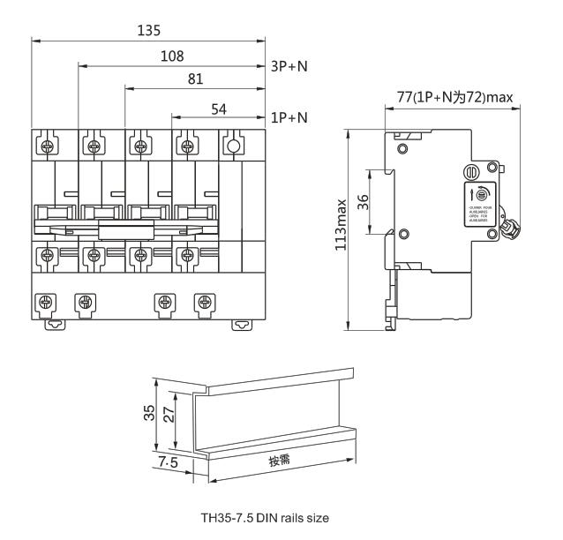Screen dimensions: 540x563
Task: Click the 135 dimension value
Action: pos(149,31)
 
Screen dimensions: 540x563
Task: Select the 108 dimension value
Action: pos(173,56)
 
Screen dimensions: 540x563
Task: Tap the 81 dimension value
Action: pos(196,79)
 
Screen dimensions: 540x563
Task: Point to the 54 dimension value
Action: pos(219,106)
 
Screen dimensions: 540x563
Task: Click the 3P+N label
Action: pos(288,66)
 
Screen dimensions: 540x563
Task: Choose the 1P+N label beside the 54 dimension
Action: pos(288,116)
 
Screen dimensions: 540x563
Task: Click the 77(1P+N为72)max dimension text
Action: pos(454,97)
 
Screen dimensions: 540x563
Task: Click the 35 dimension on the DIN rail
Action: pos(151,415)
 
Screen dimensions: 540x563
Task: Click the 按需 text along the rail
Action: pos(281,460)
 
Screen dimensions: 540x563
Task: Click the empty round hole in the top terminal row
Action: pos(233,146)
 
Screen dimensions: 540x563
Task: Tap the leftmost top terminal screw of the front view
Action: pos(50,146)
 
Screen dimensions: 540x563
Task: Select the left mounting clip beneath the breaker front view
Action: pos(55,323)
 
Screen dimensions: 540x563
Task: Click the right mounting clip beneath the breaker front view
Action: pos(240,323)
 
